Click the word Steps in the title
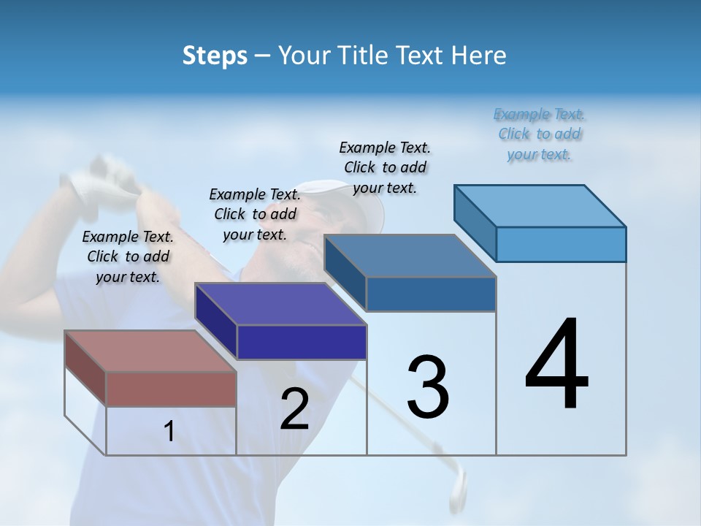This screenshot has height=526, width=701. pos(215,56)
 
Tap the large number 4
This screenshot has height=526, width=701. pos(556,365)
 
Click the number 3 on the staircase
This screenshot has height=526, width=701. pos(428,386)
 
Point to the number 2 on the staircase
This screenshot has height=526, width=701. pos(295,409)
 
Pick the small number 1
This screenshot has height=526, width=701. pos(169,432)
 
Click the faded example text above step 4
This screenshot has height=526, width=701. pos(540,134)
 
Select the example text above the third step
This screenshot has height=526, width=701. pos(385,167)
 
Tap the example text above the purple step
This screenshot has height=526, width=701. pos(255,214)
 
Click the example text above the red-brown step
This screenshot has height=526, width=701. pos(128,256)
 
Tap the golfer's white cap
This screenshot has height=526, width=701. pos(361,201)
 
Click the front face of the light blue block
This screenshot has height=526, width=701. pos(561,244)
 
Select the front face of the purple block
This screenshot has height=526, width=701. pos(302,342)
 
